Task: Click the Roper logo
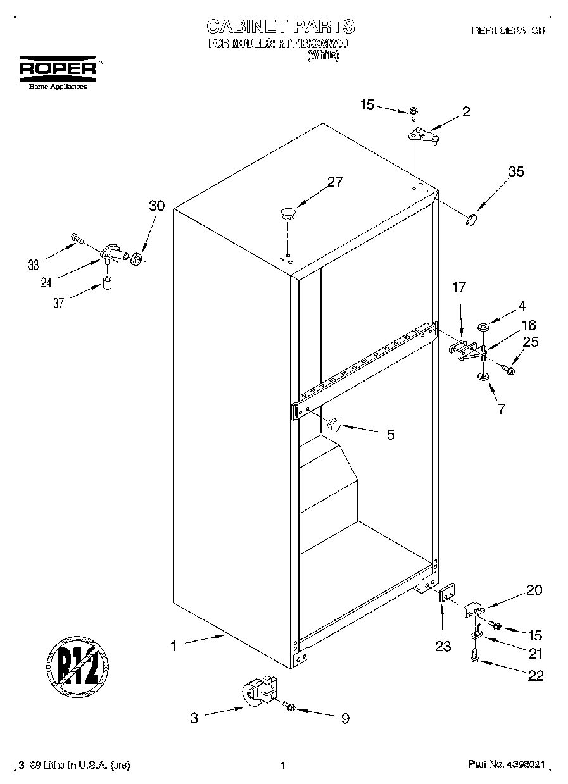point(57,70)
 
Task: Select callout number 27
point(334,182)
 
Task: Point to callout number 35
point(516,171)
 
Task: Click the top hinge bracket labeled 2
point(422,135)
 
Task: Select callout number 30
point(156,206)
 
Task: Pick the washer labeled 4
point(483,327)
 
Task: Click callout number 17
point(458,287)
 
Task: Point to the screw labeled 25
point(508,368)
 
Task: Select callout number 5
point(390,435)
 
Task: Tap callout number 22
point(535,676)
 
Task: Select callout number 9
point(345,718)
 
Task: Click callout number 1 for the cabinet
point(173,646)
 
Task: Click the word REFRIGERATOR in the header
point(508,30)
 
